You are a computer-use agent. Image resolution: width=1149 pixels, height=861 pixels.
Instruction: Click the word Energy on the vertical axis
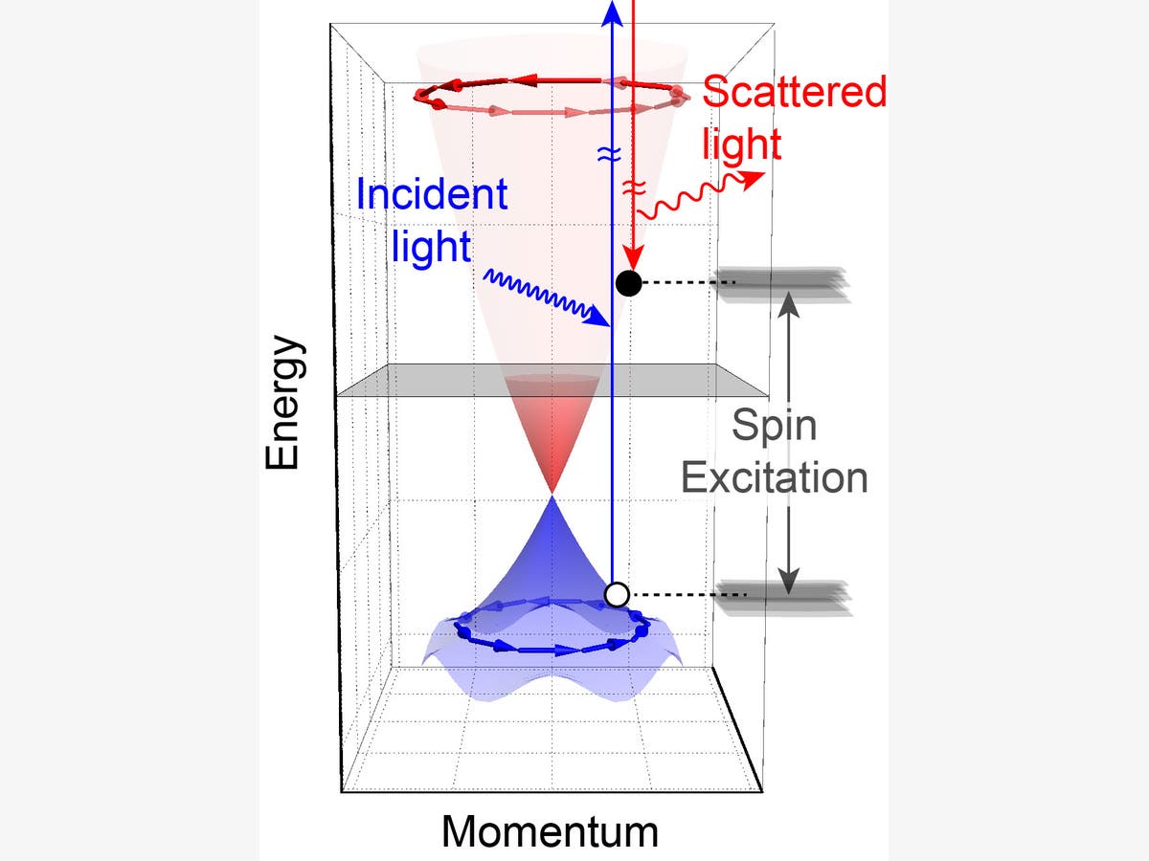pyautogui.click(x=285, y=402)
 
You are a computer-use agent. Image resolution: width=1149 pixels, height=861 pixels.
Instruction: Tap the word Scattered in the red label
pyautogui.click(x=795, y=93)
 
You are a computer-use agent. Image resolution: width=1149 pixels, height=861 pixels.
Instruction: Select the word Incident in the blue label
pyautogui.click(x=431, y=195)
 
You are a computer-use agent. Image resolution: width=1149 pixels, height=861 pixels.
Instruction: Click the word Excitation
pyautogui.click(x=775, y=476)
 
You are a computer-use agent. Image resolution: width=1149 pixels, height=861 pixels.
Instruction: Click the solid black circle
pyautogui.click(x=628, y=282)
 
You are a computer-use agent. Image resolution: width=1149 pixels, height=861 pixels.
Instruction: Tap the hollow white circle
pyautogui.click(x=618, y=594)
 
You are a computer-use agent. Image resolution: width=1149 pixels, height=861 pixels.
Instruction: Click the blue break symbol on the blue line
pyautogui.click(x=611, y=153)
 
